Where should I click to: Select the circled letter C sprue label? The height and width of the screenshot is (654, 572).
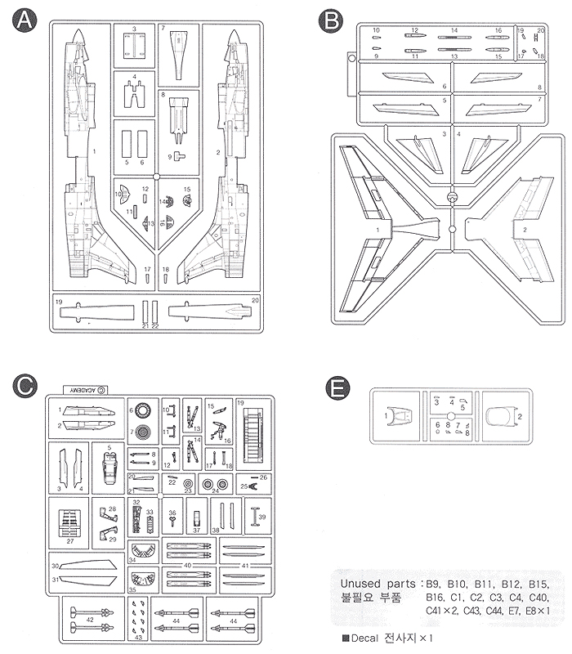25,385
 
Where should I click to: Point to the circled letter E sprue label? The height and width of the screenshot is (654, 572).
336,387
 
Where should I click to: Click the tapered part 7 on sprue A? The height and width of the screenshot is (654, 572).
179,53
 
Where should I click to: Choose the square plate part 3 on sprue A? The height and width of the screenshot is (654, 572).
133,47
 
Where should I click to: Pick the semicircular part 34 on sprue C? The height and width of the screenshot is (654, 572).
144,553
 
